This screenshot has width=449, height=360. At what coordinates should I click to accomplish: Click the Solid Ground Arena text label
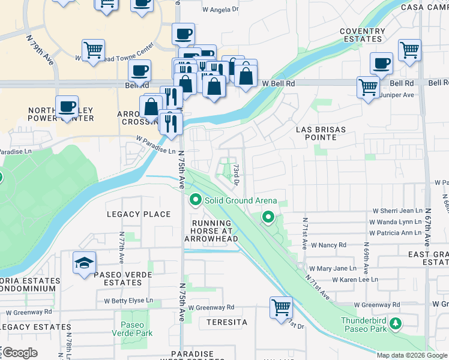pyautogui.click(x=241, y=200)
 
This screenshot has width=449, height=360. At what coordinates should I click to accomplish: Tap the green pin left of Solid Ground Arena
pyautogui.click(x=195, y=199)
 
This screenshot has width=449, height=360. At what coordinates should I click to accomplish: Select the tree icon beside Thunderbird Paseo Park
pyautogui.click(x=395, y=325)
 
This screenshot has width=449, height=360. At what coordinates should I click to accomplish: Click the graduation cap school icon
pyautogui.click(x=84, y=263)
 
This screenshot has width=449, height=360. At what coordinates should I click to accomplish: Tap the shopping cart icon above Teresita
pyautogui.click(x=281, y=308)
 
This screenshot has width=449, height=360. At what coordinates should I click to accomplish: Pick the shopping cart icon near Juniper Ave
pyautogui.click(x=368, y=87)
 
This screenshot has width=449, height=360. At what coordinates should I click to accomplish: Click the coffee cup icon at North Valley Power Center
pyautogui.click(x=67, y=107)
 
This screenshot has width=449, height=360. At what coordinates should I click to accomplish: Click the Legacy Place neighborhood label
pyautogui.click(x=139, y=214)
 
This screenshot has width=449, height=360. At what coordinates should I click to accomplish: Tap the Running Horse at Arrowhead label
pyautogui.click(x=211, y=231)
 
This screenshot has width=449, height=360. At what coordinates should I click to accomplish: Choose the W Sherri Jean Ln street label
pyautogui.click(x=398, y=211)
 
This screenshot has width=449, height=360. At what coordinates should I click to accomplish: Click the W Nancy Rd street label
pyautogui.click(x=329, y=245)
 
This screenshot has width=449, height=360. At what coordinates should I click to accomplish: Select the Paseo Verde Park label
pyautogui.click(x=136, y=329)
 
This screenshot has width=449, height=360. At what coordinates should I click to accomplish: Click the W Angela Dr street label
pyautogui.click(x=220, y=10)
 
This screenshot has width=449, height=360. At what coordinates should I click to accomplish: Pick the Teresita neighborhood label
pyautogui.click(x=227, y=322)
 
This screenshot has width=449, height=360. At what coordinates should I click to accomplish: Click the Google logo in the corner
pyautogui.click(x=20, y=352)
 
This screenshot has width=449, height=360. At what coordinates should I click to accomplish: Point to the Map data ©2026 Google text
pyautogui.click(x=411, y=355)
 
